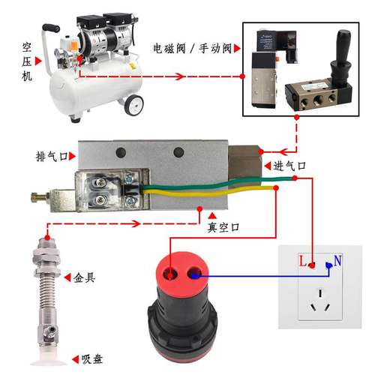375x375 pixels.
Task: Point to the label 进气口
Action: click(290, 164)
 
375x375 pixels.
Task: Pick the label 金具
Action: click(84, 277)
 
